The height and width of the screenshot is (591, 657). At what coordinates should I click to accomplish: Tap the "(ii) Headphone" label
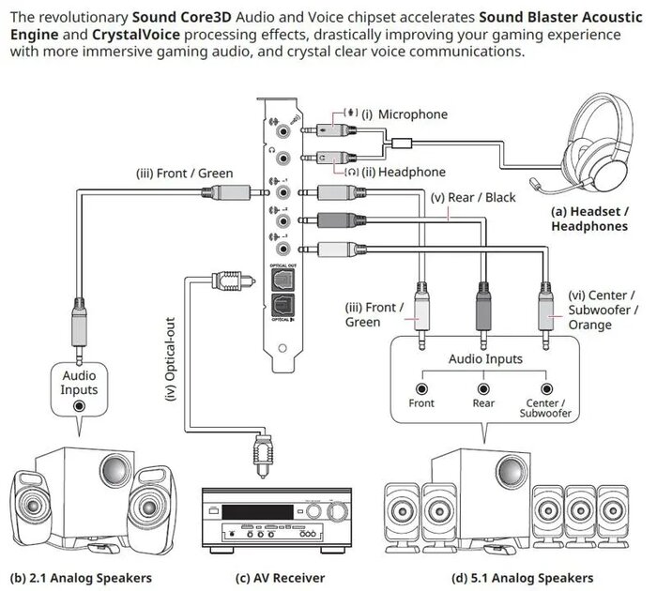pyautogui.click(x=400, y=172)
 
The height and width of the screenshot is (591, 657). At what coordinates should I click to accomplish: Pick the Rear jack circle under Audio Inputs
pyautogui.click(x=482, y=387)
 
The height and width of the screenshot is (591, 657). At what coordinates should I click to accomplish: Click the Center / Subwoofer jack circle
pyautogui.click(x=544, y=387)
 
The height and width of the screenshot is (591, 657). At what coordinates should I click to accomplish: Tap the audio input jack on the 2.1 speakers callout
pyautogui.click(x=80, y=406)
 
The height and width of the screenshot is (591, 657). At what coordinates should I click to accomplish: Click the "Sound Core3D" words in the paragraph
pyautogui.click(x=184, y=17)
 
